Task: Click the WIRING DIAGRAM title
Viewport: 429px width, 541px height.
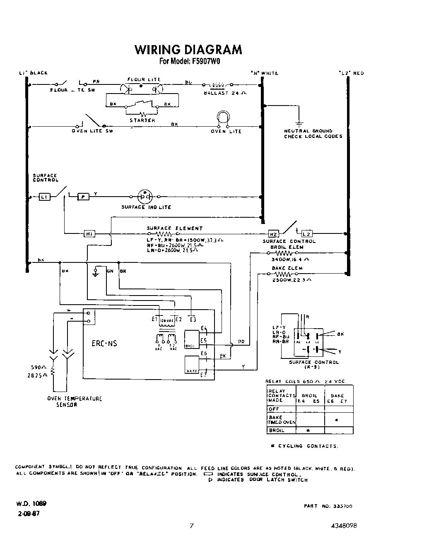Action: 188,50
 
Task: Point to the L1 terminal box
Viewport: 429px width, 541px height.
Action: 44,197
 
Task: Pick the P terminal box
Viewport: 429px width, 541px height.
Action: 84,197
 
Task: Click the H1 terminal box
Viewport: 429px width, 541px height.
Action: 89,234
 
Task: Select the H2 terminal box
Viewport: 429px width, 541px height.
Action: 273,234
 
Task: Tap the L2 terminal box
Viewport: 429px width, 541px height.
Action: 306,234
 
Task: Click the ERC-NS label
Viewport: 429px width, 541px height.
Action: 104,344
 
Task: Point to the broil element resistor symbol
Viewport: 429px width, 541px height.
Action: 284,253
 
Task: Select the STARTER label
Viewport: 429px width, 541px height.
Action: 142,120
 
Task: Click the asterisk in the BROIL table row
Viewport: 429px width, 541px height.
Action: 308,431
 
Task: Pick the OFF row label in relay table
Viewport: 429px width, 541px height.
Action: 274,409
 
